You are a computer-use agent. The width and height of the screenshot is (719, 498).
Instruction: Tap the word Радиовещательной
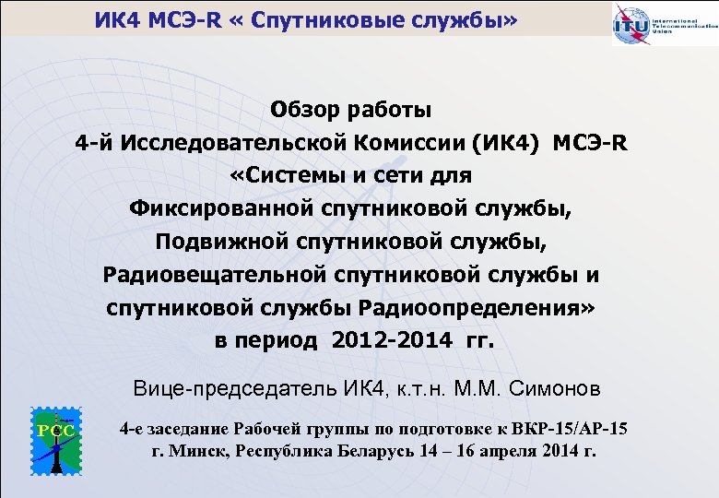tap(217, 274)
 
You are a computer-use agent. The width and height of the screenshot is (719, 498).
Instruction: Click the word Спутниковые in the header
tap(296, 18)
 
